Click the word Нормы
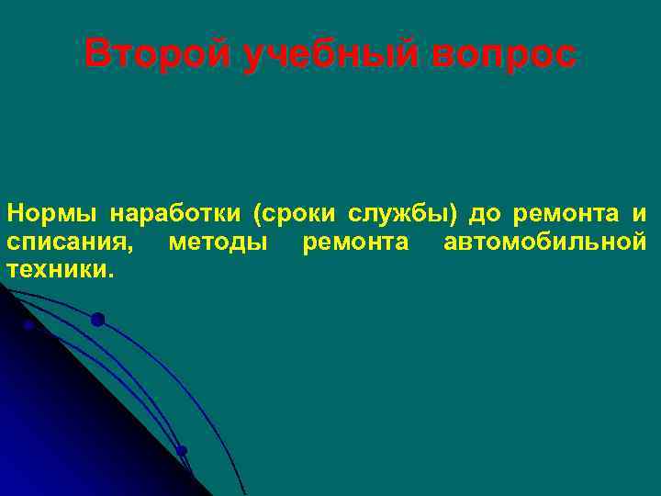click(51, 215)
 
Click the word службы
click(398, 215)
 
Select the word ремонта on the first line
click(566, 215)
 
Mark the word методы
click(219, 243)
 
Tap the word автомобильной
click(544, 243)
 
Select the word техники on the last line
click(57, 270)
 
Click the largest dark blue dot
click(97, 320)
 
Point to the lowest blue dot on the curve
click(182, 450)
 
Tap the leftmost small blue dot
click(28, 325)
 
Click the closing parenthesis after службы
click(453, 215)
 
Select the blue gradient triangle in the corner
click(55, 423)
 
